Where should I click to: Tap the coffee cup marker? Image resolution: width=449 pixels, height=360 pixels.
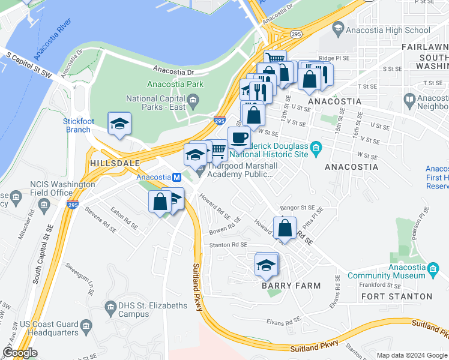240,137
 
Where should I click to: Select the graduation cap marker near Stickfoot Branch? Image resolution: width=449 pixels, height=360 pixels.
119,124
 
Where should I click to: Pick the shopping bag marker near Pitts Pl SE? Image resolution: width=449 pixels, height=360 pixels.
285,228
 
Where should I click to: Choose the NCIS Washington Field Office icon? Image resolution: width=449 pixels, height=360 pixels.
44,205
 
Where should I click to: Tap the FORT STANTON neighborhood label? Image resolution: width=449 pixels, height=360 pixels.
397,296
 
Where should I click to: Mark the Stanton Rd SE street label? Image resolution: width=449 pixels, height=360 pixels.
228,245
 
